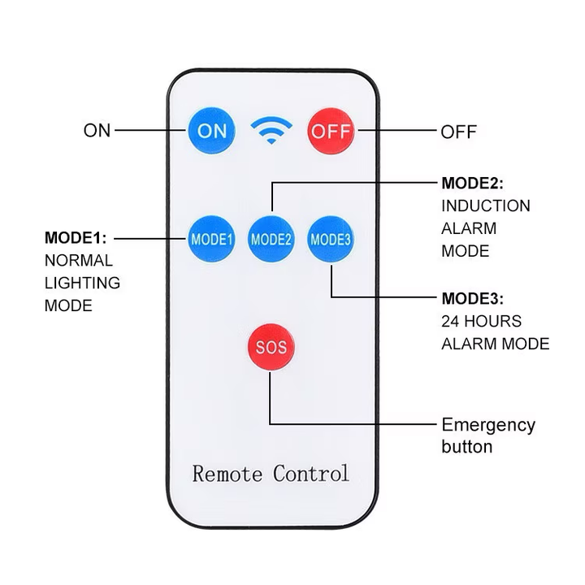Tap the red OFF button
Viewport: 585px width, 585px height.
(331, 130)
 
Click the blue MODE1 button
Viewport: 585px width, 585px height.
(212, 239)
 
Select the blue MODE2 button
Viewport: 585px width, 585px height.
(271, 239)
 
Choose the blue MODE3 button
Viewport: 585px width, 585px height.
(331, 239)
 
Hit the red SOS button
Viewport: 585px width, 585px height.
(271, 349)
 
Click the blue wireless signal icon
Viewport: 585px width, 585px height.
(271, 129)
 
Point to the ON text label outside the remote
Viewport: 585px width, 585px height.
(97, 130)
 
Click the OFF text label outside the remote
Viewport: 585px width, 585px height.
(458, 132)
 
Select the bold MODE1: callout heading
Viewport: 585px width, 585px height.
(76, 238)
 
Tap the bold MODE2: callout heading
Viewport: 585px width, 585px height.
(472, 183)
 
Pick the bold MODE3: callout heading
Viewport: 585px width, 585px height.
(472, 297)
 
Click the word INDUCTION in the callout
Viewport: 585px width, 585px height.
(486, 206)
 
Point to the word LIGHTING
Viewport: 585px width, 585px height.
(82, 283)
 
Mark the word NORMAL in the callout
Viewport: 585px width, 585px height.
(78, 261)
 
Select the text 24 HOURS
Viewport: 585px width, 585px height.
(482, 320)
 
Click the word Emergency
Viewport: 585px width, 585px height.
(488, 425)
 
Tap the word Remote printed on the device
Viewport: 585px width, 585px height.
(227, 474)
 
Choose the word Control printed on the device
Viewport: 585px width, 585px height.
(311, 474)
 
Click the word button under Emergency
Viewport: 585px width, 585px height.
(466, 447)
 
